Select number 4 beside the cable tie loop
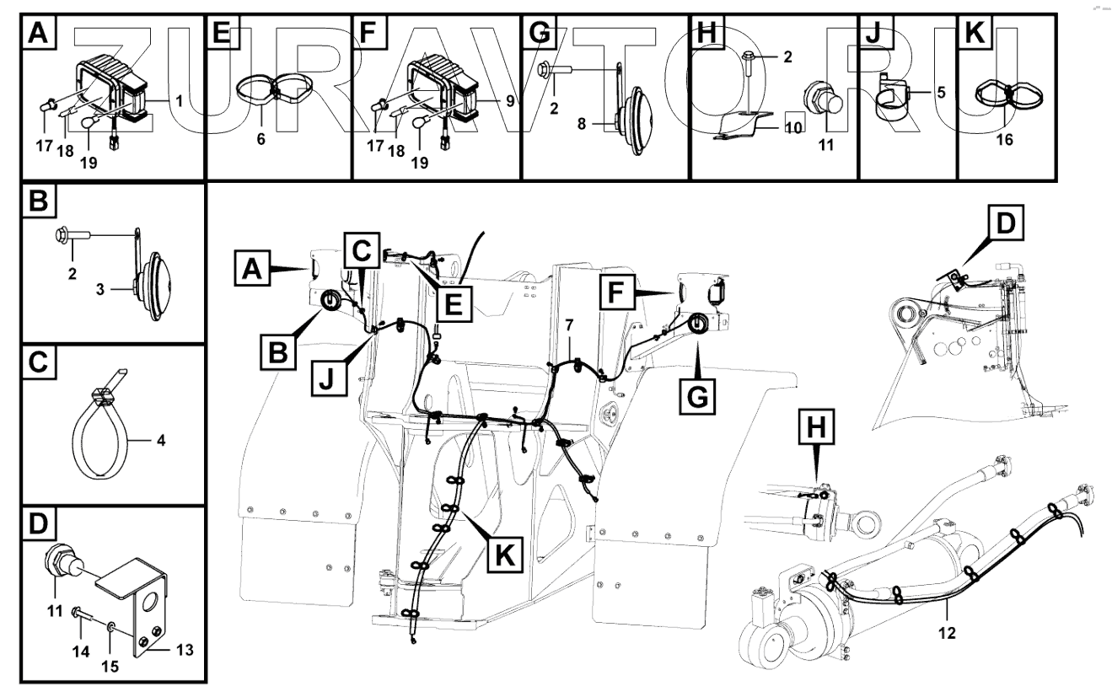coord(160,439)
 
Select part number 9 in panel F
coord(510,100)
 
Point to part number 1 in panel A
coord(179,100)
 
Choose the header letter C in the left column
coord(39,365)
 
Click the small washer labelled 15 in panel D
coord(111,627)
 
